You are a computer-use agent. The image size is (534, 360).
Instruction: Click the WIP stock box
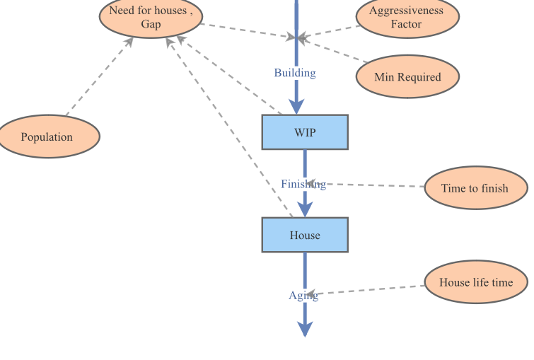click(305, 132)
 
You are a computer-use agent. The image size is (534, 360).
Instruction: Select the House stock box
click(305, 235)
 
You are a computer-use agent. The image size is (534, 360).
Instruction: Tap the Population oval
click(47, 137)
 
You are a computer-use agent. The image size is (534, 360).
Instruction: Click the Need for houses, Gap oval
click(150, 17)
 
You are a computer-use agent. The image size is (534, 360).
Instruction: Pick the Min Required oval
click(407, 77)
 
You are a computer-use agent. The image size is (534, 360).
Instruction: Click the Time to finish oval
click(475, 188)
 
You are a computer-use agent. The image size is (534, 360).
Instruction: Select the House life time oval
click(475, 282)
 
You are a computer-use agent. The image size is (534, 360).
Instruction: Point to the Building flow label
click(295, 73)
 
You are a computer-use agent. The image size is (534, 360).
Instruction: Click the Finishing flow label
click(303, 185)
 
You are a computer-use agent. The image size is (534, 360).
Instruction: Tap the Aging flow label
click(303, 296)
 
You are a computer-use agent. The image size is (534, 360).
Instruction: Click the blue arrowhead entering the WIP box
click(296, 106)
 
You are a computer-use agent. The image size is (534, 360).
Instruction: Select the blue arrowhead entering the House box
click(305, 209)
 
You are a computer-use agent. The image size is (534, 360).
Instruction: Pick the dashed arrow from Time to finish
click(375, 185)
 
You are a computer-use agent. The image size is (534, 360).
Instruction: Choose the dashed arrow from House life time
click(368, 290)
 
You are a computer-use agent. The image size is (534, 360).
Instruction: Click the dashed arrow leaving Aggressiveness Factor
click(329, 32)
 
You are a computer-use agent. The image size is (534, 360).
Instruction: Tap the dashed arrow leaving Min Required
click(332, 50)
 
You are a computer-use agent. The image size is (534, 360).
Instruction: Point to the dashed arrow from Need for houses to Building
click(248, 31)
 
